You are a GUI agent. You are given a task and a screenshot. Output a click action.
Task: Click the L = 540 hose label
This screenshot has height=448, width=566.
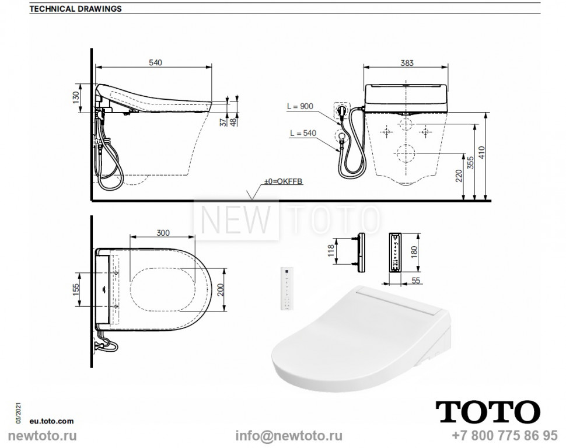tap(302, 134)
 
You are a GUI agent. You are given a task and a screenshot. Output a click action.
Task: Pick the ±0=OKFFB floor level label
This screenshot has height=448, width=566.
tap(284, 182)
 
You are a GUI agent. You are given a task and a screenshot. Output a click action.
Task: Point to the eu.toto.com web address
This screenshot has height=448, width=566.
tap(53, 420)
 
